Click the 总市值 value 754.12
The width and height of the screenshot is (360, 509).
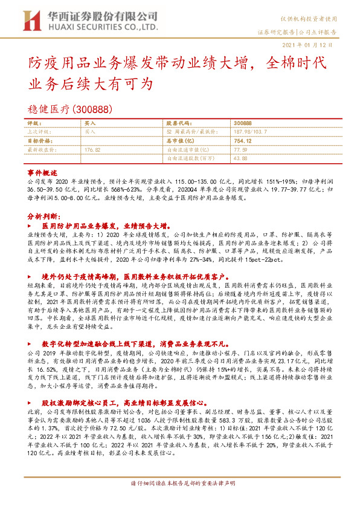point(242,140)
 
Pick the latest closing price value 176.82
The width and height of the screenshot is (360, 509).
point(92,149)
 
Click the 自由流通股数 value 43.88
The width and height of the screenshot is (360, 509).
point(240,158)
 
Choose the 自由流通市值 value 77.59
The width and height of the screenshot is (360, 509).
point(240,149)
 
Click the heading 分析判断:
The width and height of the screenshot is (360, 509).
point(43,215)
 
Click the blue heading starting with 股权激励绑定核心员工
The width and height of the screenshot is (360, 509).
point(114,384)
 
